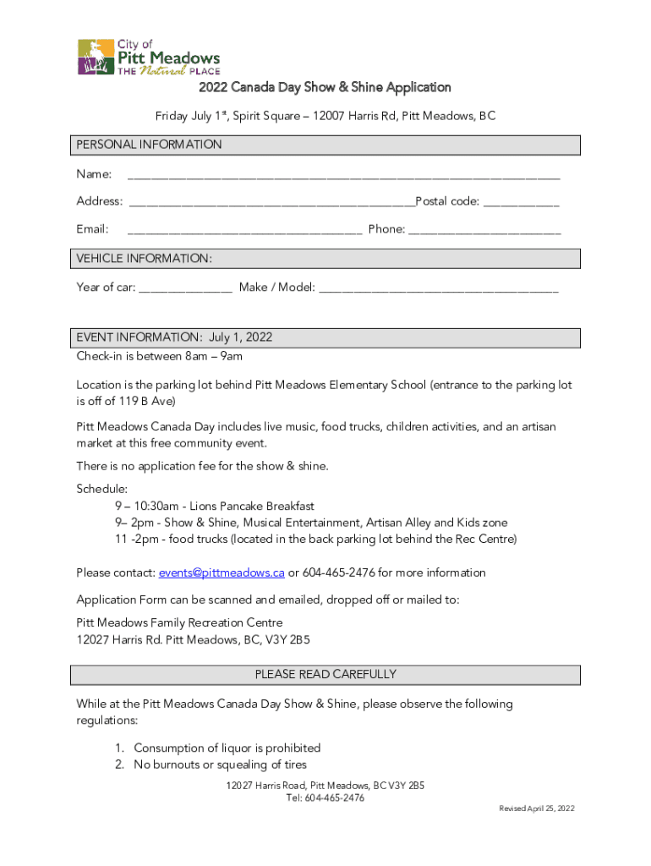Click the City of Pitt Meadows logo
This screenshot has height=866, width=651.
click(x=148, y=57)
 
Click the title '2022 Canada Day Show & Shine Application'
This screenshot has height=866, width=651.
click(x=325, y=87)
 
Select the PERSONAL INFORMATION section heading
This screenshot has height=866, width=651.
click(x=150, y=145)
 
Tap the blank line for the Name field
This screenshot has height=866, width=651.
click(x=342, y=177)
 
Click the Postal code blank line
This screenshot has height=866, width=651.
click(x=521, y=204)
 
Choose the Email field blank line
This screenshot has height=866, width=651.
click(x=244, y=231)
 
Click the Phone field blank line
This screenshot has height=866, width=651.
click(x=484, y=231)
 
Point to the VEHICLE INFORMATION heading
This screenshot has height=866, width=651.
click(x=145, y=258)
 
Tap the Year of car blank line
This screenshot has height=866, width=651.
click(x=185, y=289)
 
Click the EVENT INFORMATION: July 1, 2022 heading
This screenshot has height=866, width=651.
click(x=174, y=337)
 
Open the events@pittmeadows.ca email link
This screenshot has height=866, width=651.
click(x=222, y=573)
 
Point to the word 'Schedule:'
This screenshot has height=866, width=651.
click(x=102, y=489)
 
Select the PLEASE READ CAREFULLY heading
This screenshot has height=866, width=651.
click(x=325, y=674)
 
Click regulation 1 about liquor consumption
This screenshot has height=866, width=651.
click(x=227, y=748)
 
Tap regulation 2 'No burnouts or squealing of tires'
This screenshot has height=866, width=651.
click(x=220, y=765)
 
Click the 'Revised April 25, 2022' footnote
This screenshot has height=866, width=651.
click(x=536, y=808)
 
